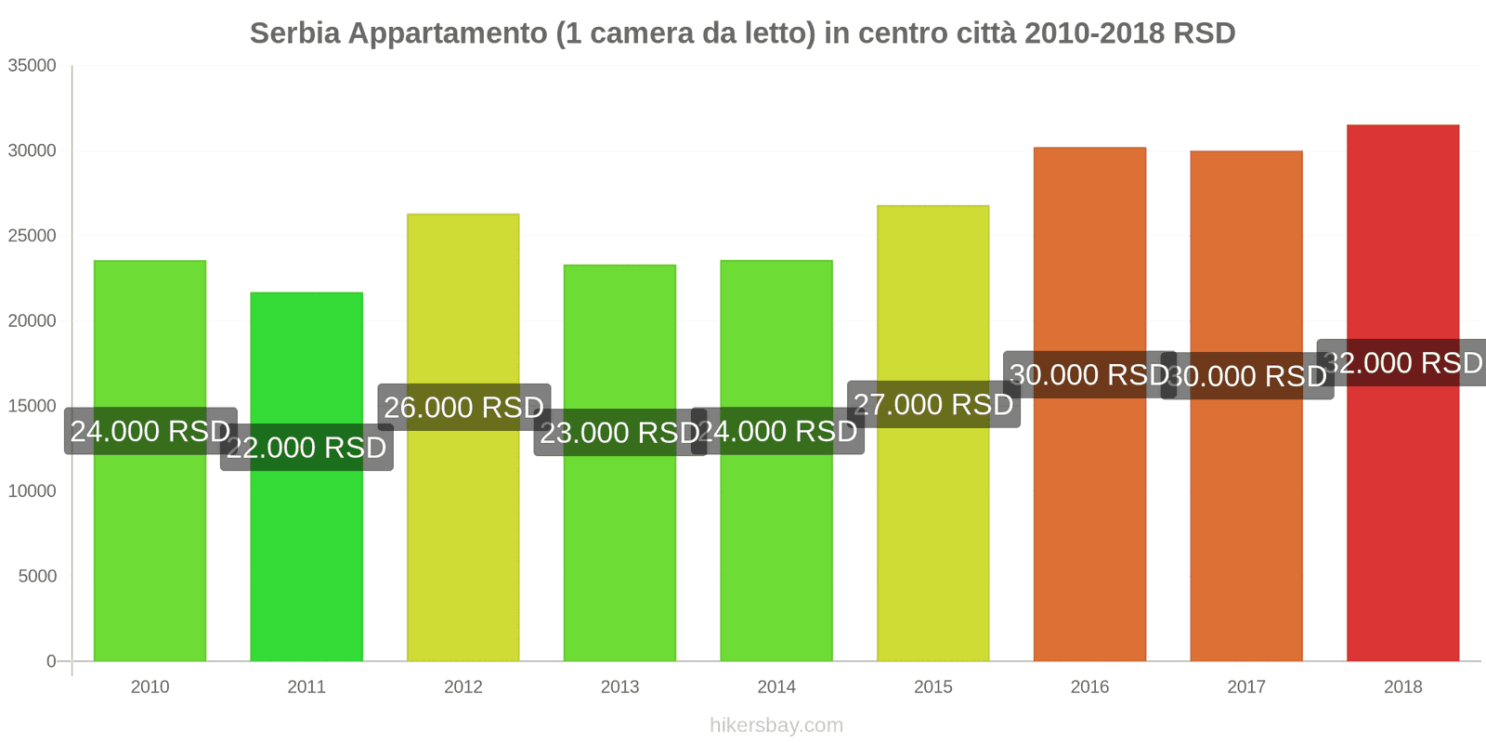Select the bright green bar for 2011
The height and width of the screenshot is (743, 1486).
click(x=306, y=557)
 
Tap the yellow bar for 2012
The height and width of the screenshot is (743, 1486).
click(x=463, y=539)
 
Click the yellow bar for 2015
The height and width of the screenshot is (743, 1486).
click(x=932, y=539)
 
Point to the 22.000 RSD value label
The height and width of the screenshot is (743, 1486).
click(x=306, y=448)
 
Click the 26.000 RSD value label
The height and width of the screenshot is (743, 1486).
click(x=463, y=407)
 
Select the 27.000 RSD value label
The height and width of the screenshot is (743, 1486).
click(x=933, y=404)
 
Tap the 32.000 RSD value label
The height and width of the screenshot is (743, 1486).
click(x=1402, y=362)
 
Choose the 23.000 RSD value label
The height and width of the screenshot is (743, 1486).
click(x=619, y=432)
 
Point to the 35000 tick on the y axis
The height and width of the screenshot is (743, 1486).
click(x=33, y=66)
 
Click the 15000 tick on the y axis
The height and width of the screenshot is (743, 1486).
click(x=33, y=406)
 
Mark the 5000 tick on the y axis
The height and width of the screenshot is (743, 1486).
click(x=37, y=576)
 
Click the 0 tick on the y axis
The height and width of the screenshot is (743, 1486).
click(x=51, y=661)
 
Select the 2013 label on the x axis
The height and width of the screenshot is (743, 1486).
click(x=619, y=687)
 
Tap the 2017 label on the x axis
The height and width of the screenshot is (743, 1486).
click(x=1246, y=687)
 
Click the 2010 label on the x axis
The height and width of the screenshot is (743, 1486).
click(x=150, y=687)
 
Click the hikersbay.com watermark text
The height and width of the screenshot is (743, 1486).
click(x=776, y=725)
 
